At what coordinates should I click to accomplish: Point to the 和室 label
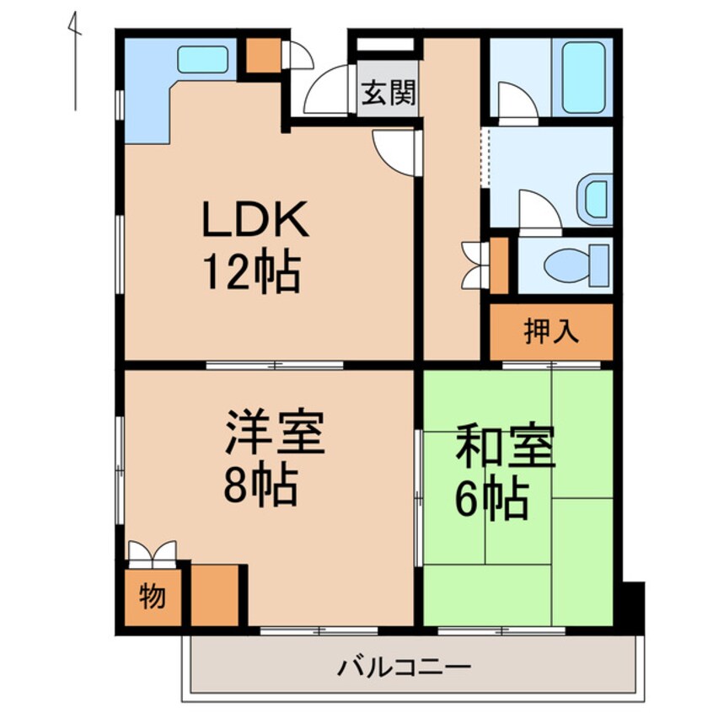(505, 448)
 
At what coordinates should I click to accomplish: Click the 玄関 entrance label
(389, 93)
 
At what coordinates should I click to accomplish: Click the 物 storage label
(152, 597)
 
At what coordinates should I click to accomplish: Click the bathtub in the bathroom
(583, 77)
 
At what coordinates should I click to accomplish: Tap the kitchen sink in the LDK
(203, 60)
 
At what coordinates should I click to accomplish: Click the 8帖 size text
(260, 485)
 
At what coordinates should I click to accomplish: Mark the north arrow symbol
(76, 63)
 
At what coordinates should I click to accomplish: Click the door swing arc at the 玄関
(326, 94)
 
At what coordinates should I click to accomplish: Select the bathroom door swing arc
(517, 103)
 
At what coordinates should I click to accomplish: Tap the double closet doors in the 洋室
(152, 553)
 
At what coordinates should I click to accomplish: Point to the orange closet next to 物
(214, 594)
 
